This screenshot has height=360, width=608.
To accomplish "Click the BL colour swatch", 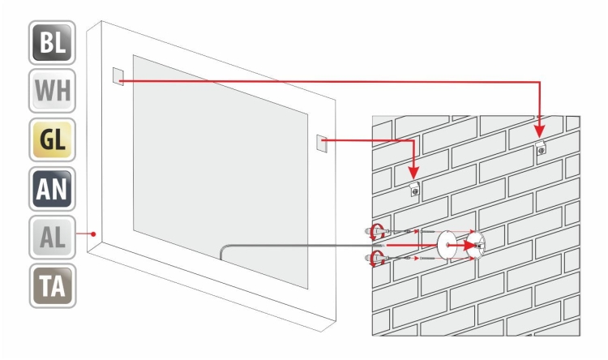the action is pos(52,42).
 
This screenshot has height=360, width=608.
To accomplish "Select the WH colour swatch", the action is pos(52,91).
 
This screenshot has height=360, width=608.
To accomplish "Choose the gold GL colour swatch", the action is pos(52,139).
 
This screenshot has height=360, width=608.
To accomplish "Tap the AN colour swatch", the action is pos(52,189).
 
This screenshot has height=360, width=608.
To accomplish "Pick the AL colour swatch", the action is pos(52,237).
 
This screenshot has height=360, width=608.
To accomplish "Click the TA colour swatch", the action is pos(53,286).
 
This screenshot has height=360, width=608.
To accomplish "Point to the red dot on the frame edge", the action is pos(93,234).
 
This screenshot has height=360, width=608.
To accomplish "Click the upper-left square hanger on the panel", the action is pos(118,76).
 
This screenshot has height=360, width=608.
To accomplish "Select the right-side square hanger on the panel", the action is pos(322,144).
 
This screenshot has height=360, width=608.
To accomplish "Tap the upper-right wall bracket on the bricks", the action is pos(541,148).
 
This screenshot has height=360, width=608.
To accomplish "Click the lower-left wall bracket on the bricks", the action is pos(415,190).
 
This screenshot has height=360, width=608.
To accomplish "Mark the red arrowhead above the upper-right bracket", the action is pos(540,131).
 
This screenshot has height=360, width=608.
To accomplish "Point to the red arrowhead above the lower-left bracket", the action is pos(413,173).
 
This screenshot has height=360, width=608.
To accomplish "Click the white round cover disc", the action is pos(447,245).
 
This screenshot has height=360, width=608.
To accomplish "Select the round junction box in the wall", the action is pos(476,244).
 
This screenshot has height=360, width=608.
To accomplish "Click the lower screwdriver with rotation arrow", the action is pos(376,259).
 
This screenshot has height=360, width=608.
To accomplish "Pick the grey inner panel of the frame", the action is pos(221,172).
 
